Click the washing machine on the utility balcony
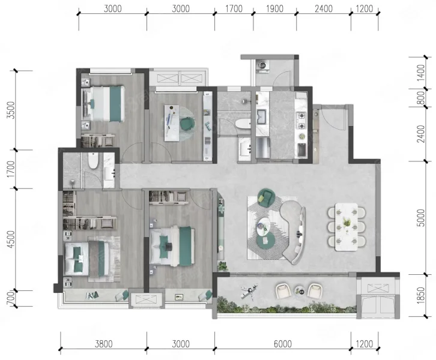[262, 66]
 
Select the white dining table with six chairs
[346, 227]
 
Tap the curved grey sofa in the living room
[294, 232]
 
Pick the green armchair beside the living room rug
[266, 197]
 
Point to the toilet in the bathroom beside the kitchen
[243, 124]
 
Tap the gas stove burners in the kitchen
[301, 120]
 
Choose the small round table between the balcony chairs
[300, 290]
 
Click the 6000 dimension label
[282, 344]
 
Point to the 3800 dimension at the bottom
[103, 344]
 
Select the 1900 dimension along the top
[274, 8]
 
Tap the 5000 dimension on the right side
[421, 218]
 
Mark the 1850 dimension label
[421, 295]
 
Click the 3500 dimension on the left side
[11, 110]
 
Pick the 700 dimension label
[10, 299]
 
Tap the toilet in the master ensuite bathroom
[93, 161]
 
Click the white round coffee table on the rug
[264, 224]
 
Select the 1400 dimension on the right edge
[421, 73]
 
